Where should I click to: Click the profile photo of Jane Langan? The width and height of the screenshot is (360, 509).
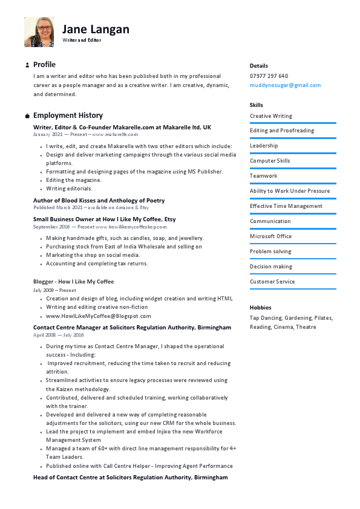(39, 32)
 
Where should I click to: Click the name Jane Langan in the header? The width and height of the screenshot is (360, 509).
(96, 29)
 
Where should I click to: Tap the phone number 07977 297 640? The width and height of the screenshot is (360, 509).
(269, 76)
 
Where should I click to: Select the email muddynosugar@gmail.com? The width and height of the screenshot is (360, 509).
(285, 85)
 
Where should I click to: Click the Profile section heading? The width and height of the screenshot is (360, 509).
(44, 65)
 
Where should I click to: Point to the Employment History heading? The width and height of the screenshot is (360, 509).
(68, 115)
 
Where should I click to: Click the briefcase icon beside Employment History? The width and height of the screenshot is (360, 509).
(27, 115)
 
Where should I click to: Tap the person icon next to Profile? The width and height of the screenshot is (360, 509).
(27, 65)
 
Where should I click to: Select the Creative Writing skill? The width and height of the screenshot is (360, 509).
(270, 116)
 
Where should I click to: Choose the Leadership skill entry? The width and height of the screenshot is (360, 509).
(264, 146)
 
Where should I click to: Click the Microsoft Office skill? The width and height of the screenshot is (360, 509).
(270, 236)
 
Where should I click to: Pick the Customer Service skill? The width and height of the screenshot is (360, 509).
(272, 282)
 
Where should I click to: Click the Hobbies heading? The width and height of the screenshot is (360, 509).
(260, 308)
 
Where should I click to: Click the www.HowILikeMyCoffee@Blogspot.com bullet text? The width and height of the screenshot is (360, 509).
(98, 316)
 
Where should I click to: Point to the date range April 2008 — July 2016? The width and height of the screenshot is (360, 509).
(58, 335)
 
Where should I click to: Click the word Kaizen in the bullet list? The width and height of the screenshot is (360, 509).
(63, 389)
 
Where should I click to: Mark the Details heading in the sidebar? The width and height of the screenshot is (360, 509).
(258, 66)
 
